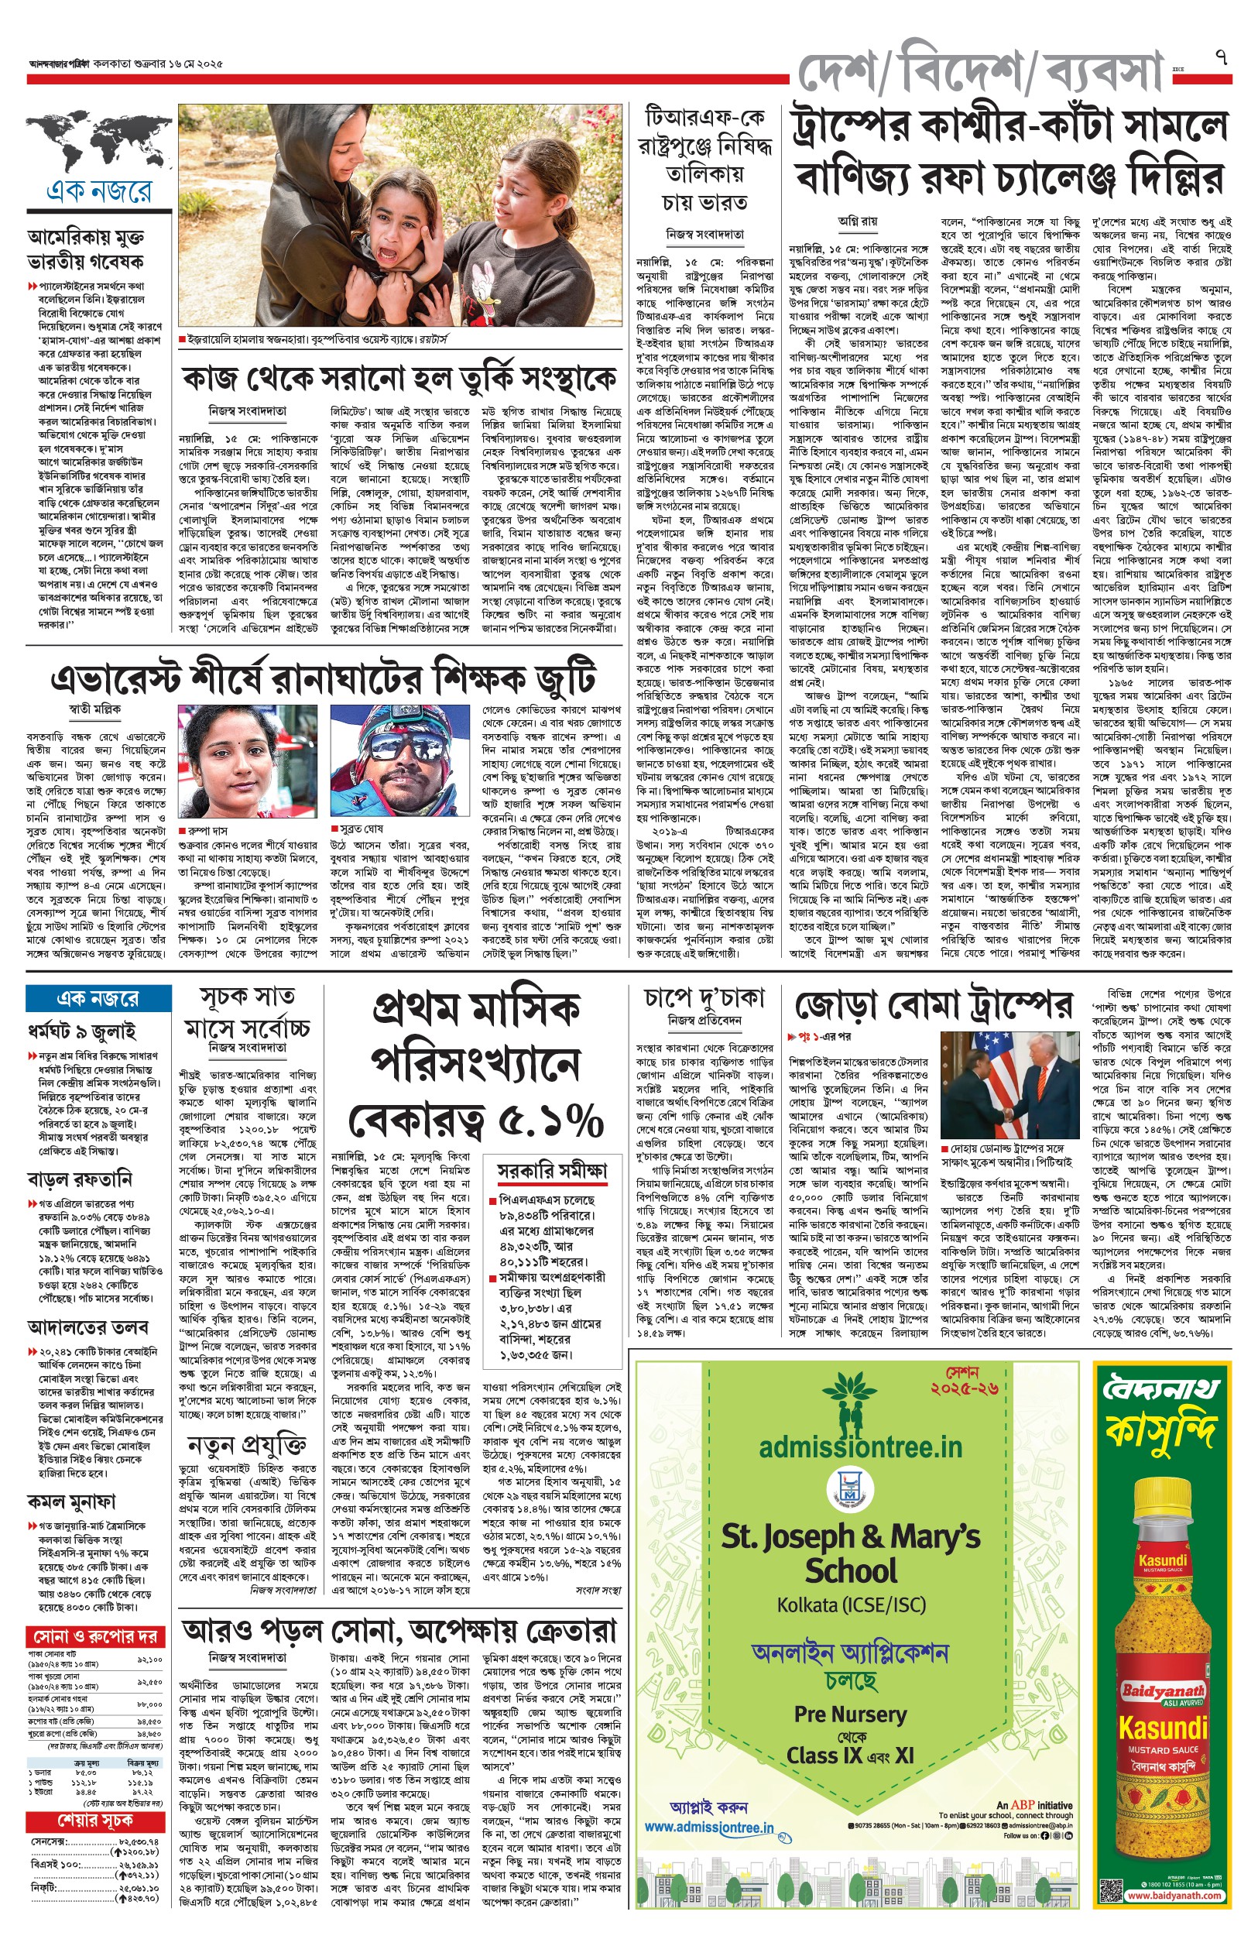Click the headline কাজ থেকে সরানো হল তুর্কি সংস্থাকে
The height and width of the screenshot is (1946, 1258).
pos(399,379)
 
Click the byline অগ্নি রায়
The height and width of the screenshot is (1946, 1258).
pos(857,221)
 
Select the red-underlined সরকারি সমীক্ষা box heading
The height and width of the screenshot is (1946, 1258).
pos(553,1171)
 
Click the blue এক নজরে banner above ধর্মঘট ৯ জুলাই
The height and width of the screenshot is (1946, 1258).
pos(98,997)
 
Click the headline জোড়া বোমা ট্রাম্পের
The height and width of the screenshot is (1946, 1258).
pos(931,1007)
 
